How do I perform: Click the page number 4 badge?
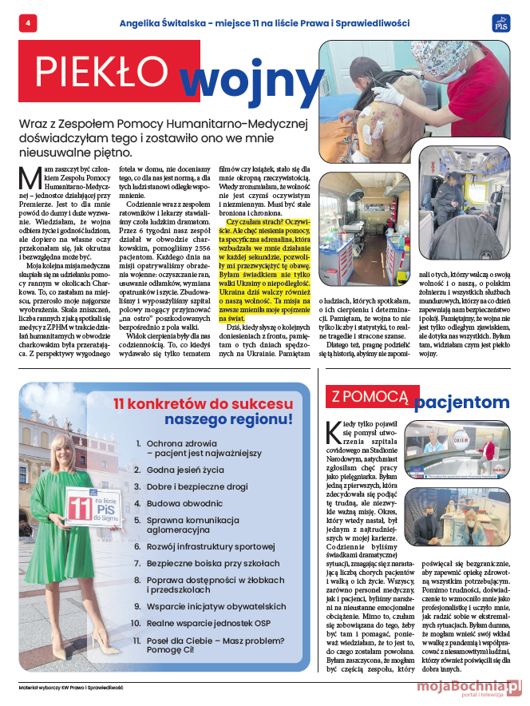[x=28, y=24]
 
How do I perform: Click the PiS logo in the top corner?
[x=501, y=23]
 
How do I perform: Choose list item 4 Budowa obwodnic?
[x=183, y=504]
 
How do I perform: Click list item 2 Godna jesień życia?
[x=184, y=471]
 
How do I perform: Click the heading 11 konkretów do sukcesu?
[x=203, y=404]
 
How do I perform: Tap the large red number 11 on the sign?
[x=81, y=508]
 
